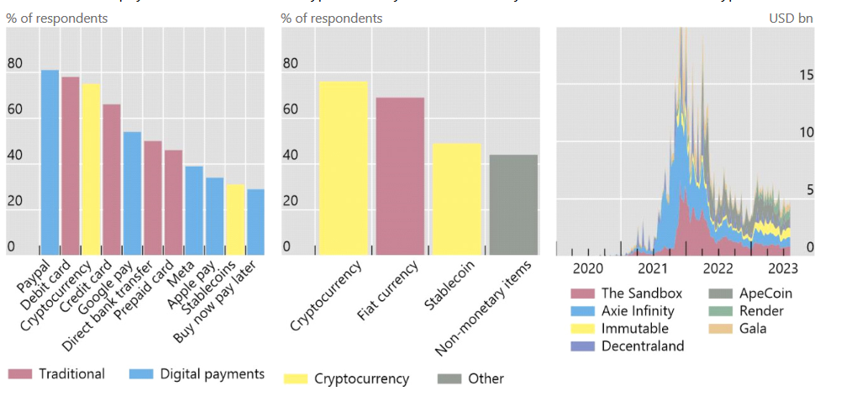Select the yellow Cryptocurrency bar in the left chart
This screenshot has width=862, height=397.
tap(91, 168)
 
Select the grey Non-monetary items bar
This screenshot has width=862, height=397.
tap(512, 204)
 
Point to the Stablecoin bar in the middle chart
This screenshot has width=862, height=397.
tap(457, 198)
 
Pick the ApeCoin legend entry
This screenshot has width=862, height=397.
tap(765, 294)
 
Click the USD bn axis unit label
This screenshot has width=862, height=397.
tap(791, 18)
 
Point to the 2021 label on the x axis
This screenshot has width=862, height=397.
tap(653, 268)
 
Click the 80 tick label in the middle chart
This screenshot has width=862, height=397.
tap(291, 64)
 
